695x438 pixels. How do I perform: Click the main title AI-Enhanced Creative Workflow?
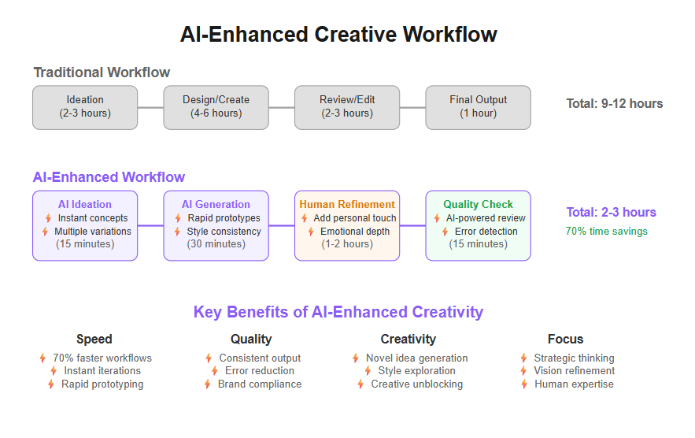(338, 35)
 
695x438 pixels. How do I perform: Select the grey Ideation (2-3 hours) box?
(85, 107)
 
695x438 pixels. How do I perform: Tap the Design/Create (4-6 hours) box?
(216, 107)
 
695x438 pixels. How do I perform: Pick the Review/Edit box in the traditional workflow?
(347, 107)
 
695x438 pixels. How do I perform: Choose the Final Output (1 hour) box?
(479, 107)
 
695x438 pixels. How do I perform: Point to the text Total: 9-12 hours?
(615, 103)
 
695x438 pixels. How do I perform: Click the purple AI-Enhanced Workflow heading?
(109, 177)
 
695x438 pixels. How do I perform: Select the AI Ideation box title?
(85, 204)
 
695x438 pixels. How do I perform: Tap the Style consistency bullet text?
(224, 231)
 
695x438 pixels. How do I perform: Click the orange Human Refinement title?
(347, 204)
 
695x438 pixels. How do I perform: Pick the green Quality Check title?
(479, 204)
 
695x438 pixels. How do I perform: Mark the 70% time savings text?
(607, 231)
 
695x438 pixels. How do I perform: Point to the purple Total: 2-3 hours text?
(612, 212)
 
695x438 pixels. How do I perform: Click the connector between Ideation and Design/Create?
(150, 107)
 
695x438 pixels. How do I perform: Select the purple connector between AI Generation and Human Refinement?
(282, 225)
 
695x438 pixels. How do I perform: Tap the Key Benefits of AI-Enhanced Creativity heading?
(338, 312)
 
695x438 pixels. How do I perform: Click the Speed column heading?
(94, 339)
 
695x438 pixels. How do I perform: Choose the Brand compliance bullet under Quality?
(260, 384)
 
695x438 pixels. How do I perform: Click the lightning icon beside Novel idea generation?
(356, 358)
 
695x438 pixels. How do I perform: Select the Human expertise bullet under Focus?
(574, 384)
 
